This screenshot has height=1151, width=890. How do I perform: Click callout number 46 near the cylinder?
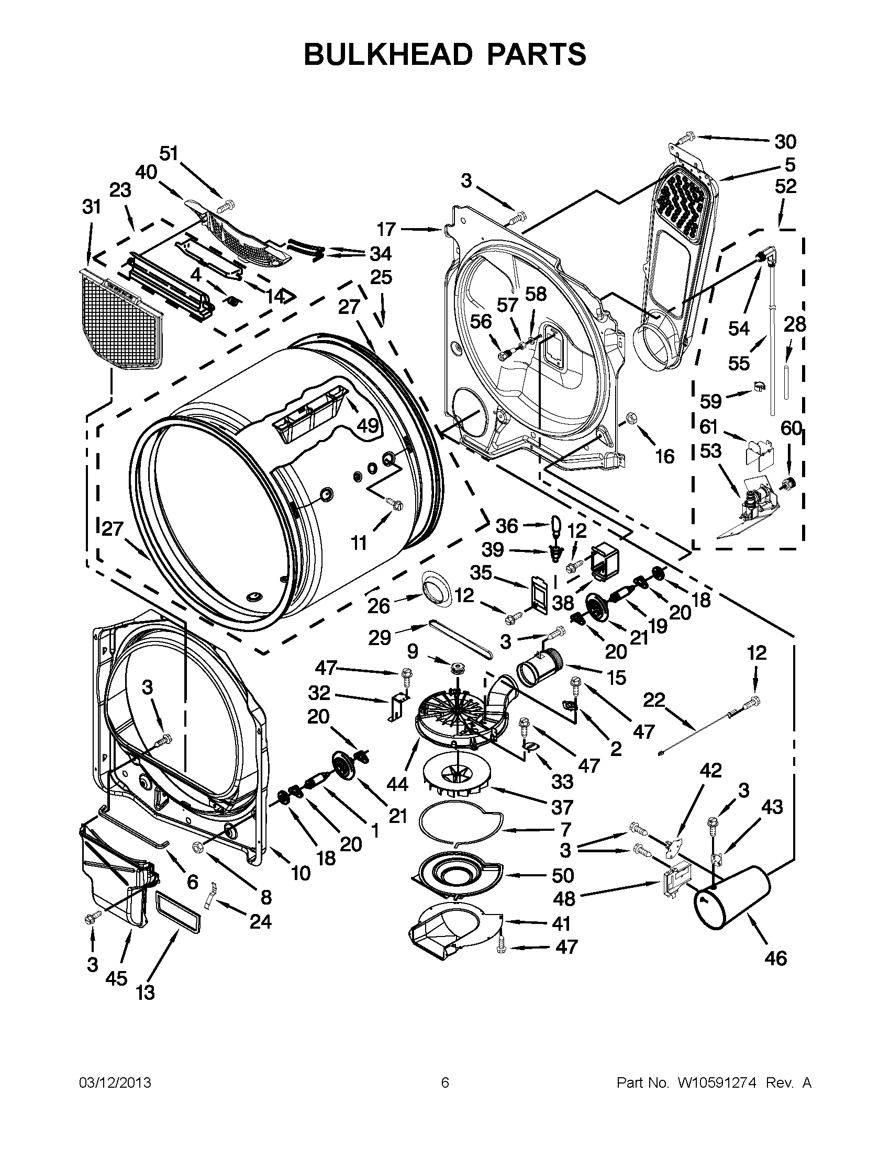(775, 957)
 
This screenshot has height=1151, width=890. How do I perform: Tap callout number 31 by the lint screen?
(92, 207)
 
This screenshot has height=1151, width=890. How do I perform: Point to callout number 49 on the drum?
(368, 425)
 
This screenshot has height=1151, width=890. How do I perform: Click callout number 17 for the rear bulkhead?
(386, 229)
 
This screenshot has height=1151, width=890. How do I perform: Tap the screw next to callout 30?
(683, 125)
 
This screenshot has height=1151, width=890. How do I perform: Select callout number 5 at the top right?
(789, 165)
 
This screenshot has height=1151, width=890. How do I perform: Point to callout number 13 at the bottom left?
(146, 992)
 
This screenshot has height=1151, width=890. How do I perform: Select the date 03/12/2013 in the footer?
(115, 1083)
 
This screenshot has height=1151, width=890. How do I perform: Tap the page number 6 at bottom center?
(444, 1083)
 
